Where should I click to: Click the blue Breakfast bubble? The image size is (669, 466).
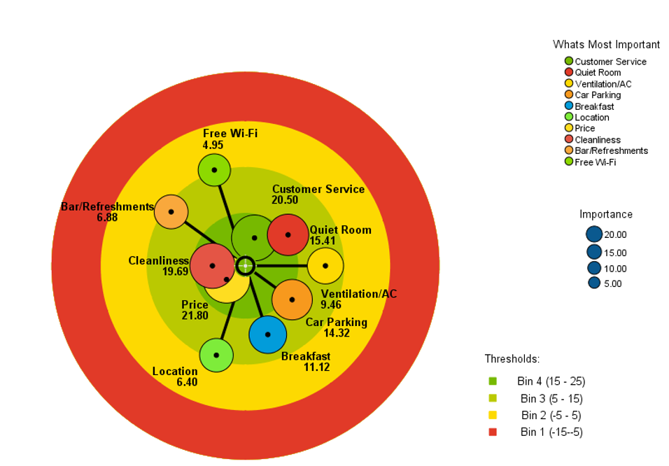pyautogui.click(x=267, y=334)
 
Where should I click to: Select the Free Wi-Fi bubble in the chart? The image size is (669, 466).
pyautogui.click(x=214, y=170)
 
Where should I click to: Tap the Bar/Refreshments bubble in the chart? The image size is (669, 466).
pyautogui.click(x=171, y=212)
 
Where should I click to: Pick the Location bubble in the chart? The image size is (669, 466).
pyautogui.click(x=216, y=355)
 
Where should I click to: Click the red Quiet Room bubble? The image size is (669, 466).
pyautogui.click(x=288, y=234)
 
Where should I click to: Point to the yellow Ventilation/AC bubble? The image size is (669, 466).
pyautogui.click(x=325, y=266)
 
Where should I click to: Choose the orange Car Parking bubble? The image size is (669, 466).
pyautogui.click(x=293, y=299)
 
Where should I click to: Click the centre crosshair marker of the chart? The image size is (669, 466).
pyautogui.click(x=246, y=266)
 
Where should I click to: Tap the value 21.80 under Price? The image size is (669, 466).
pyautogui.click(x=195, y=316)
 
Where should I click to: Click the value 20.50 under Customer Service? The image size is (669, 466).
pyautogui.click(x=285, y=200)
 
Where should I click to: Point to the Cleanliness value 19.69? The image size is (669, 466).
pyautogui.click(x=176, y=271)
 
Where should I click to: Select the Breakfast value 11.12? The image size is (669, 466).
pyautogui.click(x=316, y=367)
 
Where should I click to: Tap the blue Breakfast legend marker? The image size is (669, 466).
pyautogui.click(x=569, y=106)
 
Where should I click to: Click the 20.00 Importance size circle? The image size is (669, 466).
pyautogui.click(x=594, y=234)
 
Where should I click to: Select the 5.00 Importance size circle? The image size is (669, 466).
pyautogui.click(x=594, y=283)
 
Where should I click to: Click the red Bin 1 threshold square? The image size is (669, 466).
pyautogui.click(x=493, y=432)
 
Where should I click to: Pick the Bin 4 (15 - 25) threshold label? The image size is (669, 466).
pyautogui.click(x=551, y=381)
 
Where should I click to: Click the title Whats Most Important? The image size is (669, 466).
pyautogui.click(x=606, y=44)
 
